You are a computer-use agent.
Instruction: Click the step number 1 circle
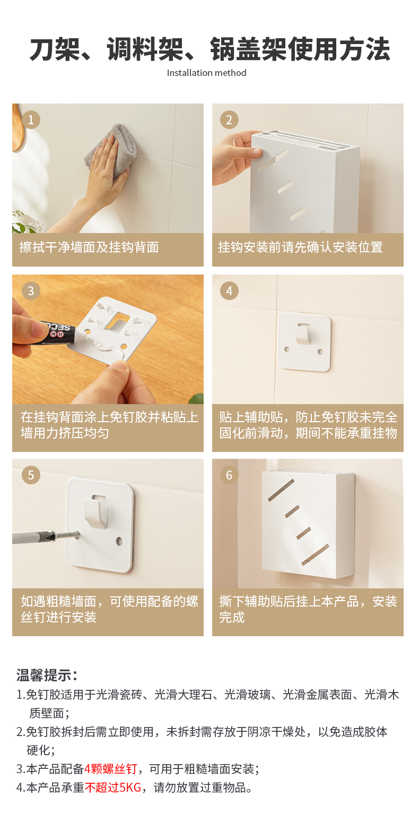31,119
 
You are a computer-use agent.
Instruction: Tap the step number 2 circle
229,119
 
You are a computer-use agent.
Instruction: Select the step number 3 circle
31,290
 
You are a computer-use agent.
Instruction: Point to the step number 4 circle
229,290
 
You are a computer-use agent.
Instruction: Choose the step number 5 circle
31,475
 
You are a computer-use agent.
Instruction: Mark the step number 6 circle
229,475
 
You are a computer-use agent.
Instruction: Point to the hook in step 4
303,335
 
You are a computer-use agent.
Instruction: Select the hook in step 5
95,512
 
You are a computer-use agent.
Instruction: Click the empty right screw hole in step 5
119,541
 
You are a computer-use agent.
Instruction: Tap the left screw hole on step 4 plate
287,349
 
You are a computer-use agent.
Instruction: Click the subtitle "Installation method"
207,73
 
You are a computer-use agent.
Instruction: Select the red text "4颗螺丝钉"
111,769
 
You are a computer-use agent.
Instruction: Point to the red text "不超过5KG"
113,788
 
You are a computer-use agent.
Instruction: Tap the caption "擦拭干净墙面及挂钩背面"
89,247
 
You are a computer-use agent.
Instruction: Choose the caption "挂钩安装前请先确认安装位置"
301,247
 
